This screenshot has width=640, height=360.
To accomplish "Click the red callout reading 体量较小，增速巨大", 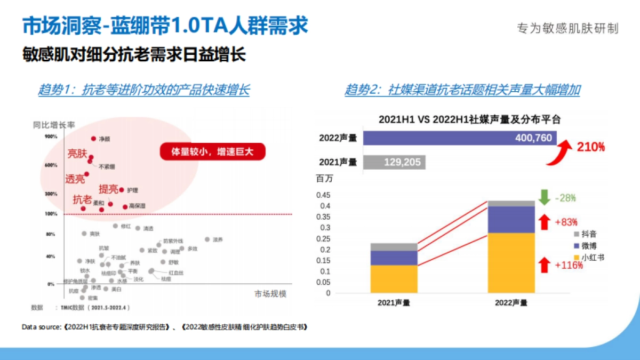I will click(x=213, y=152).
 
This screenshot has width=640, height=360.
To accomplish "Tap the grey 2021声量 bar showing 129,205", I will click(x=394, y=162).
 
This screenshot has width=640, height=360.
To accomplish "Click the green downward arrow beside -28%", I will click(x=544, y=197).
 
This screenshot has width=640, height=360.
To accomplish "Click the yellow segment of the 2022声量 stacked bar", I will click(x=511, y=262).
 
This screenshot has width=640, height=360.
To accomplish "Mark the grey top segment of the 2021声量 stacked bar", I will click(x=394, y=247).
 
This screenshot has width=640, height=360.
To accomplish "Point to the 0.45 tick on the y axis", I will click(x=323, y=195).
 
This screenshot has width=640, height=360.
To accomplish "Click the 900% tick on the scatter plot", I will click(x=51, y=137).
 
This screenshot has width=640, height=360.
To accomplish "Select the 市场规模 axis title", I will click(x=270, y=294).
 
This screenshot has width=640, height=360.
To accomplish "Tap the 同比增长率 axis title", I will click(x=54, y=125).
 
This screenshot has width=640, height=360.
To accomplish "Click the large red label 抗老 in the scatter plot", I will click(x=82, y=199).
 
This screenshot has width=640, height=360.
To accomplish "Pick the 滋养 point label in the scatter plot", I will click(x=218, y=239).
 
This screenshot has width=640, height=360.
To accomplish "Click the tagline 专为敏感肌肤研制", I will click(x=567, y=28).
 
